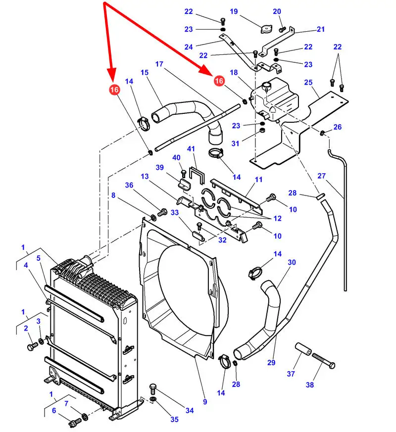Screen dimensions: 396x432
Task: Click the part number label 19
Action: [234, 11]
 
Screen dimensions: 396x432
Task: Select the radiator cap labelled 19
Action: [266, 29]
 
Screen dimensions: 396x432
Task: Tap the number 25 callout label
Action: [308, 82]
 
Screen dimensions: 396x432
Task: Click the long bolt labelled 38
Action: [324, 361]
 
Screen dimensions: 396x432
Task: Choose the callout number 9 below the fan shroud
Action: [205, 402]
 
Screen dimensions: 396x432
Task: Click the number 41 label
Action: [191, 149]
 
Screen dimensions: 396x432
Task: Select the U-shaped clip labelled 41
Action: [197, 175]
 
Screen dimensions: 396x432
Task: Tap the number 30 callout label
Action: [292, 262]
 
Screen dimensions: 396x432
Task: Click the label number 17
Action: [159, 64]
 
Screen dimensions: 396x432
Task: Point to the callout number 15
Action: [145, 72]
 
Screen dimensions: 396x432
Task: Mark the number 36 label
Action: [129, 185]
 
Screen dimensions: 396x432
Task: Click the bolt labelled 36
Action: [162, 212]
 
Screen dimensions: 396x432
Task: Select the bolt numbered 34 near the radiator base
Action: [153, 389]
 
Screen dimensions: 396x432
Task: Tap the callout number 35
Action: [174, 419]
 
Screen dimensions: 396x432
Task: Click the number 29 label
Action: [271, 363]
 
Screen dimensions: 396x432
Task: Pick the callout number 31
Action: [235, 144]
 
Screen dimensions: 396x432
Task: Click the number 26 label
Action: [337, 127]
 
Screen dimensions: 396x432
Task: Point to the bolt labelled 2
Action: [33, 346]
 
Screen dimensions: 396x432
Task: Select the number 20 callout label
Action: [277, 11]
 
